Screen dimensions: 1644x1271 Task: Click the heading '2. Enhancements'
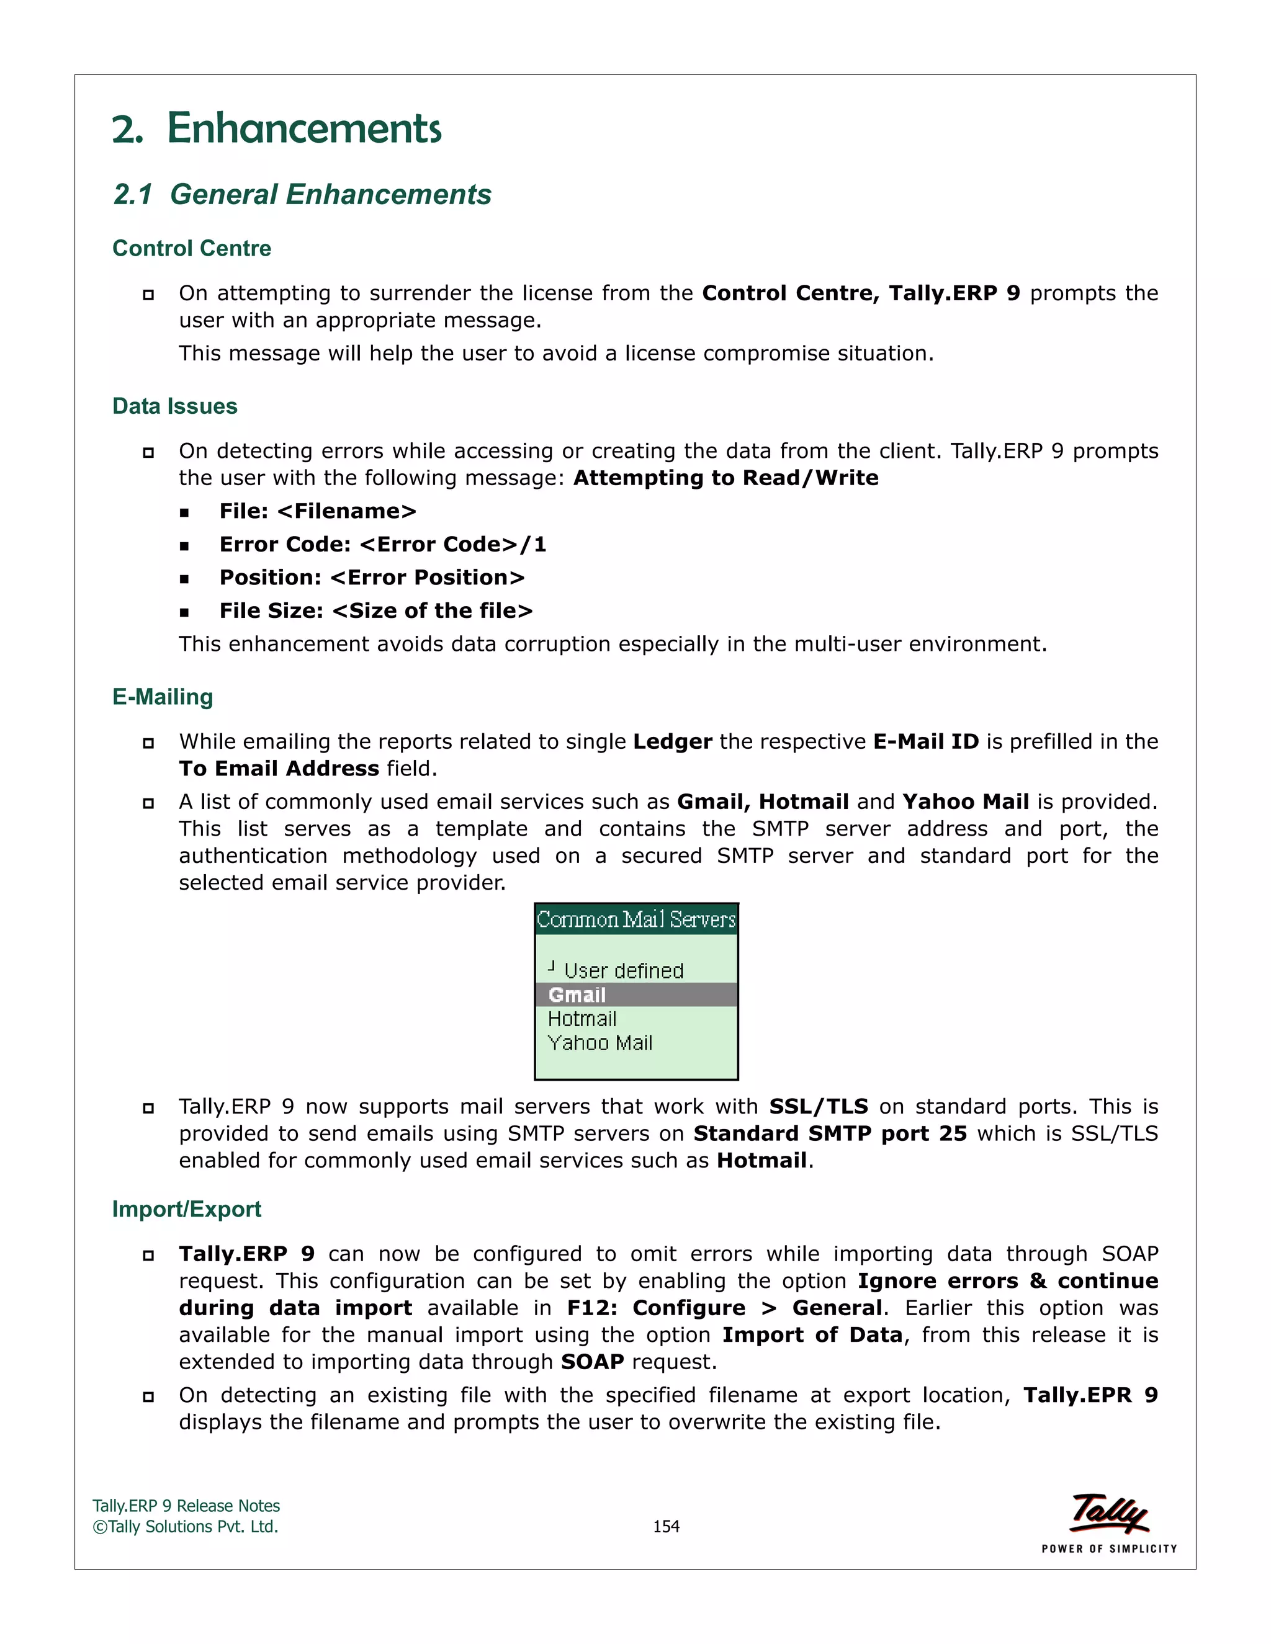pos(276,128)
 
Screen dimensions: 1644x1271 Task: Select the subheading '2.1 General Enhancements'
pos(302,194)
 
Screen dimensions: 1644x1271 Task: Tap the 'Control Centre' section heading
pos(191,248)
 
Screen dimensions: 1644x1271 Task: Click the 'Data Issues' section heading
pos(174,406)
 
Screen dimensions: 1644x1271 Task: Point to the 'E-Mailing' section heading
pos(163,697)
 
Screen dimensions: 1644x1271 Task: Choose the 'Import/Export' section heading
pos(186,1209)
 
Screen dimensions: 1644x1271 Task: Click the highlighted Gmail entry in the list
pos(578,995)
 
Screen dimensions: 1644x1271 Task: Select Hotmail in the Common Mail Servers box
pos(582,1019)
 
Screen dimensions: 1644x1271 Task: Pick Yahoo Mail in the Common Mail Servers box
pos(600,1043)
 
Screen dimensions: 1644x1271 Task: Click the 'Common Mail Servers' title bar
pos(635,919)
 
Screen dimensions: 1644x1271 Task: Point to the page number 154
pos(666,1527)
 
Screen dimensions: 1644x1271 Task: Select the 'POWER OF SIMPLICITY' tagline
pos(1109,1548)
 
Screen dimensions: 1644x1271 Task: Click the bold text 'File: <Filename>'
pos(318,511)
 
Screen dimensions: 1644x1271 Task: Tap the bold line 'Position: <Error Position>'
pos(372,578)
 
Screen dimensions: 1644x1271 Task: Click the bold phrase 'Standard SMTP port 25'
pos(830,1133)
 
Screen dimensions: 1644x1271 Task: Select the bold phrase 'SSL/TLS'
pos(819,1107)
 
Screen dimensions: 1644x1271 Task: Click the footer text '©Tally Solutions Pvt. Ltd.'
pos(185,1527)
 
